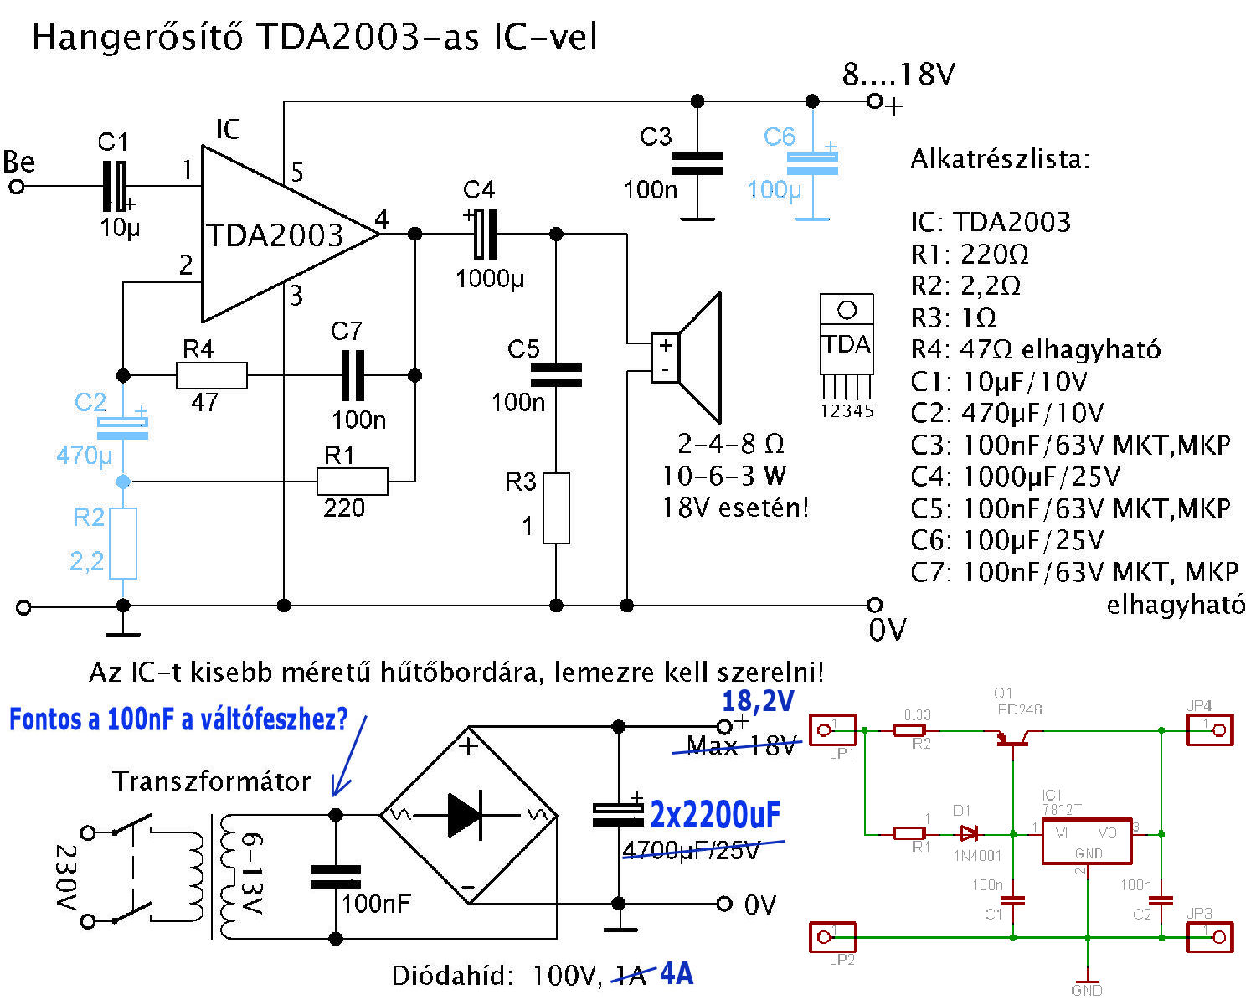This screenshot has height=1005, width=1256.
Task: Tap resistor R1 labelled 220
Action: coord(353,482)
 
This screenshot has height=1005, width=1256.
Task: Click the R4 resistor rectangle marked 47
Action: coord(212,376)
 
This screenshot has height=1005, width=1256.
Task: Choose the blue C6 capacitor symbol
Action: coord(811,163)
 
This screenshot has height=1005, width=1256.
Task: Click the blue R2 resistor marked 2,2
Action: coord(124,543)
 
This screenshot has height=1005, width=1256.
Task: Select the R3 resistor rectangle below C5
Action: coord(557,508)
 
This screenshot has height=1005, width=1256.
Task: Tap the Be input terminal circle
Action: coord(17,186)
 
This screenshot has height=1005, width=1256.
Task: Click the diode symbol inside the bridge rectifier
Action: coord(466,814)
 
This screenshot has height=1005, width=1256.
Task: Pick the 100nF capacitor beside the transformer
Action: coord(336,877)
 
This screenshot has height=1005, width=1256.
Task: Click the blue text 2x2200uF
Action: coord(715,814)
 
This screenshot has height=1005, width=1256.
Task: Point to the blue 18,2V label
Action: coord(758,702)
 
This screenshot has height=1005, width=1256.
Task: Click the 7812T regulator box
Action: coord(1086,841)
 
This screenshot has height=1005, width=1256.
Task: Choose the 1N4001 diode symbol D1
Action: coord(970,833)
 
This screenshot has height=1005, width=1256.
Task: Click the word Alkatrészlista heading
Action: coord(1000,158)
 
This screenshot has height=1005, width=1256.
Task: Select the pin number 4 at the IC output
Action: coord(382,220)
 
